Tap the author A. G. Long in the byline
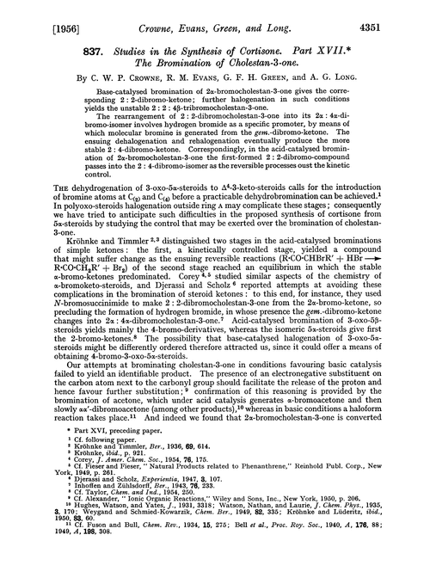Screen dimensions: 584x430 353,74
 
